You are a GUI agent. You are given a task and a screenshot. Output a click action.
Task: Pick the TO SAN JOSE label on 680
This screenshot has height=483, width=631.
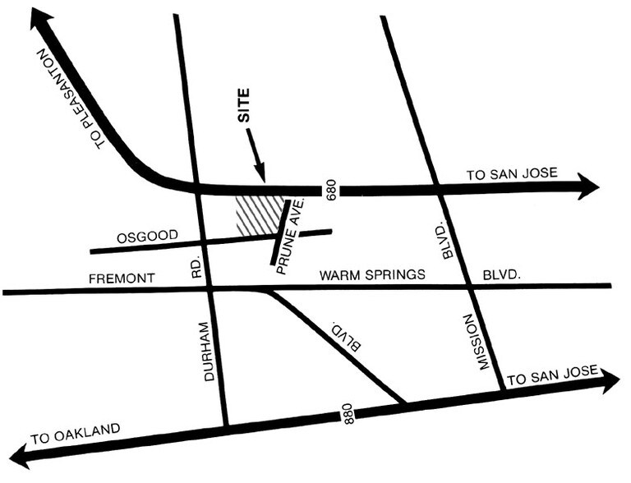[512, 173]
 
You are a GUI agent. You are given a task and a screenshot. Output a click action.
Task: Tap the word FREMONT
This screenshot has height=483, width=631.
[122, 279]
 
